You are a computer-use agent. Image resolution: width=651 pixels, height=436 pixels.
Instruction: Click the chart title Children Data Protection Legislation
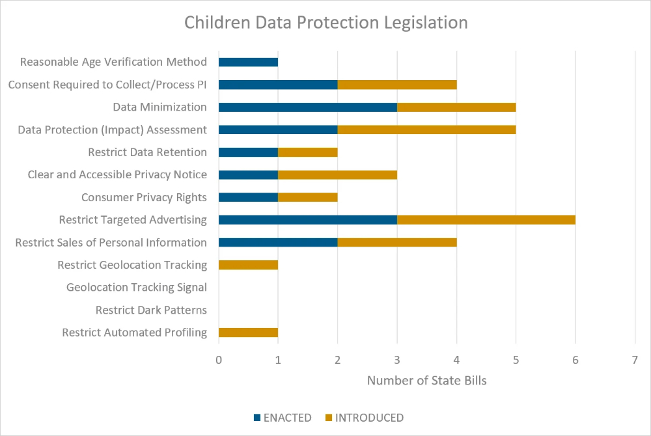coord(325,23)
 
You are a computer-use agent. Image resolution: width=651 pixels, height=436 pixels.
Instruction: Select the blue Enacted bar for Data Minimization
coord(307,107)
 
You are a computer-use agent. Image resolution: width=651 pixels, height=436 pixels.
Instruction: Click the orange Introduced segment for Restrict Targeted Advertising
coord(486,220)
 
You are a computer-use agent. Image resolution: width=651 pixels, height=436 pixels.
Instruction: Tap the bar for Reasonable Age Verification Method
coord(248,62)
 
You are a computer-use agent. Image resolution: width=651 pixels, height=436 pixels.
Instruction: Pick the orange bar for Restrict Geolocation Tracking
coord(248,265)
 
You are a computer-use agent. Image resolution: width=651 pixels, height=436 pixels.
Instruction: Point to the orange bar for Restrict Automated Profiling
coord(248,333)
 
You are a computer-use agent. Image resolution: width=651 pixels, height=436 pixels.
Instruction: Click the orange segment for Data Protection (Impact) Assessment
coord(426,129)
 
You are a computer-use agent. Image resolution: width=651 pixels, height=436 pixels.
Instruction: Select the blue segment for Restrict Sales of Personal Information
coord(278,243)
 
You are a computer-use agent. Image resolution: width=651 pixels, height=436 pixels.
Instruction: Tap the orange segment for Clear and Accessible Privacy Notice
coord(337,174)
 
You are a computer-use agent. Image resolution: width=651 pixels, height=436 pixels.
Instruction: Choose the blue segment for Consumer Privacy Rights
coord(248,197)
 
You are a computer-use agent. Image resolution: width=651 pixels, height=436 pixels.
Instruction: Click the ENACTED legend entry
coord(283,418)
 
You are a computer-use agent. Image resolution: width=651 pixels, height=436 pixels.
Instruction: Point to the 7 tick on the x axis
coord(635,359)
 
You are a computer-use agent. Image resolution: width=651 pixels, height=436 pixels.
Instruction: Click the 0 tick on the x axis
coord(219,359)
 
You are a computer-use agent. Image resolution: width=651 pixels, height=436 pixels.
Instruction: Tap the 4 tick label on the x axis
coord(456,359)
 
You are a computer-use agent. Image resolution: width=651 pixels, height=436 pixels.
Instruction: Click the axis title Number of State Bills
coord(426,381)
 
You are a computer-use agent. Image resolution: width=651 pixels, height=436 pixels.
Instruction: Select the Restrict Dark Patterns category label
coord(151,310)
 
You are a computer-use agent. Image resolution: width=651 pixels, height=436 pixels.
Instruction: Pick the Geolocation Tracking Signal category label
coord(137,287)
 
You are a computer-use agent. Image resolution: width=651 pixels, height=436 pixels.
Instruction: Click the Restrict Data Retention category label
coord(147,152)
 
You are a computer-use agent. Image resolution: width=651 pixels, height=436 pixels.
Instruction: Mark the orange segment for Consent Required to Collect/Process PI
coord(396,85)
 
